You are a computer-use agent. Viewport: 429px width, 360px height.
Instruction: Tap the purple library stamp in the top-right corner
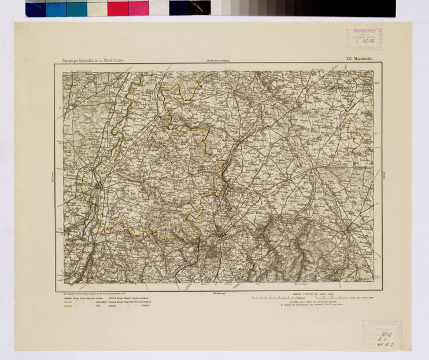click(x=364, y=39)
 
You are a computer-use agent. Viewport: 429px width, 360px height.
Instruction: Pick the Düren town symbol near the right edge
click(x=347, y=230)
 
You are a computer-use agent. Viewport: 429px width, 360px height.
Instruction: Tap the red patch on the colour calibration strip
click(x=117, y=8)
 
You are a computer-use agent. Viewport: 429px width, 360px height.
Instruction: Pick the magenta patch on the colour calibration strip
click(x=138, y=8)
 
